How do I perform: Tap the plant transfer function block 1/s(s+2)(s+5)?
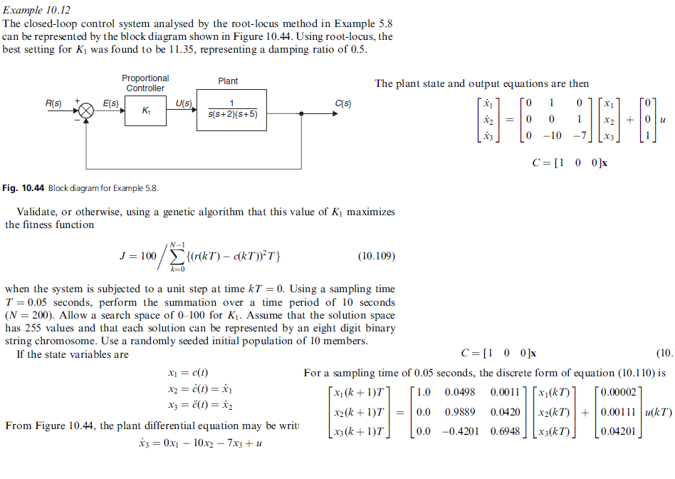(x=232, y=110)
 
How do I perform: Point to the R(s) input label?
(x=54, y=103)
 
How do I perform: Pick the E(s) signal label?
(x=110, y=103)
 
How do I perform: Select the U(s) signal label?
(x=184, y=103)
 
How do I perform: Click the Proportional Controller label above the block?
(x=145, y=83)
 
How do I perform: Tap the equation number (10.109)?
(x=375, y=256)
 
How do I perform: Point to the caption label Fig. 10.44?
(x=25, y=188)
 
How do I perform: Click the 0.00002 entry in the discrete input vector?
(x=621, y=392)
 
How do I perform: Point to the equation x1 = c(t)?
(x=187, y=374)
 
